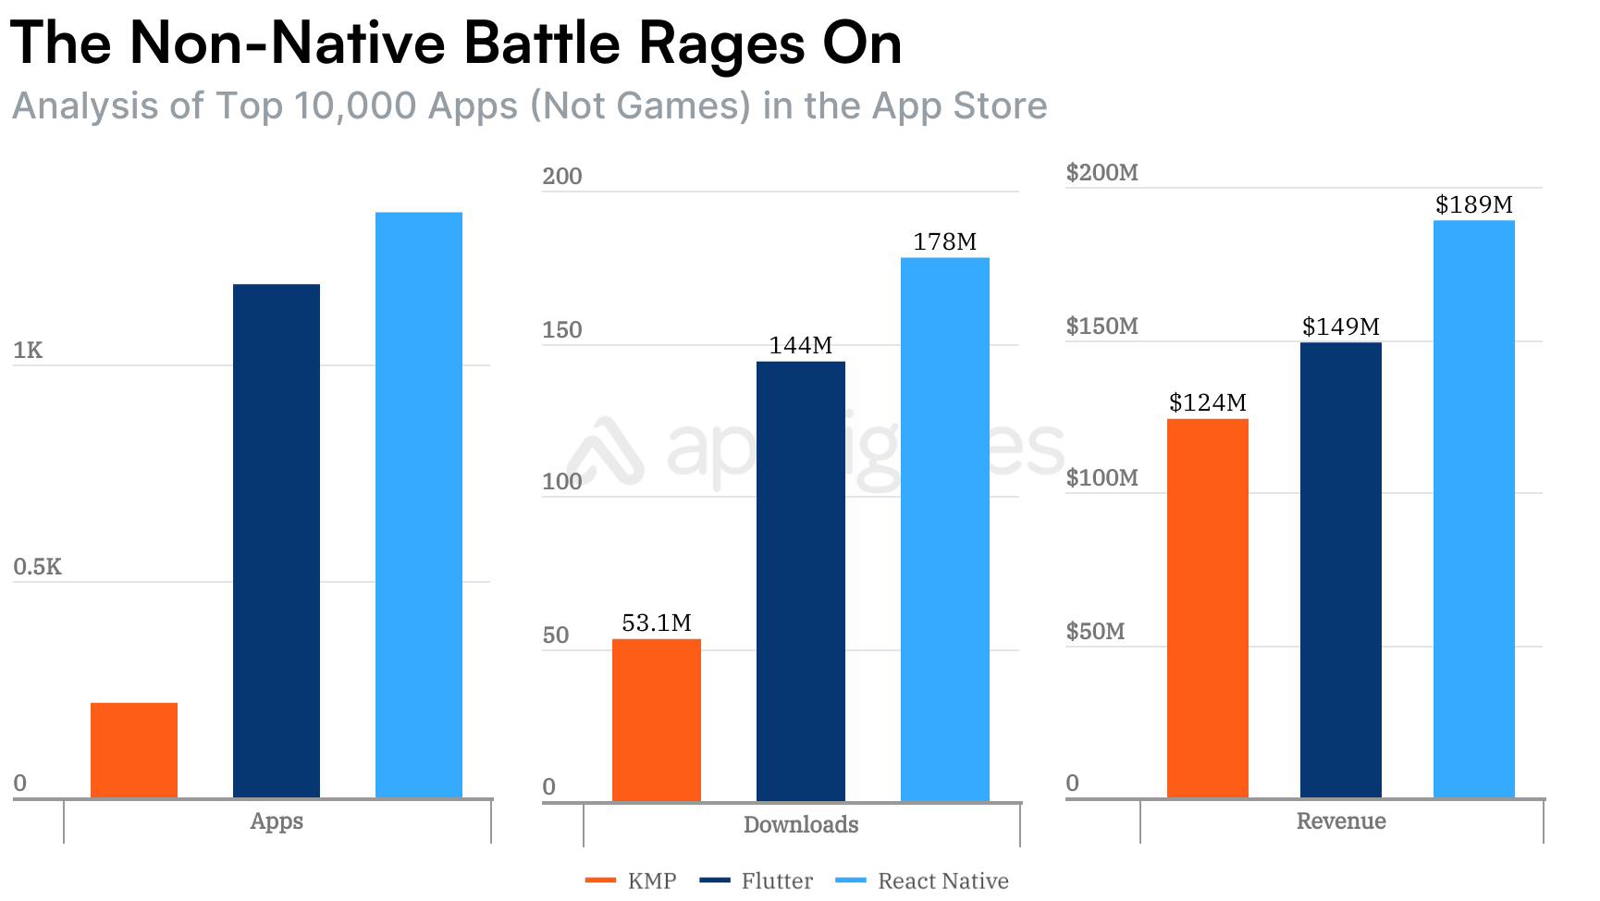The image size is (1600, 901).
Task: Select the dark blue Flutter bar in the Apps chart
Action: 277,540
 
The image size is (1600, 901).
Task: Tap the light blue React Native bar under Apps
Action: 419,504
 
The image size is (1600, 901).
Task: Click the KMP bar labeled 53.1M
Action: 657,720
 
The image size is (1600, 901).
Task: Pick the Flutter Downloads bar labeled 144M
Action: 801,581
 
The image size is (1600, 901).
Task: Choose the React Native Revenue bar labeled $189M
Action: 1474,509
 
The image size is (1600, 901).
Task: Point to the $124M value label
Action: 1207,402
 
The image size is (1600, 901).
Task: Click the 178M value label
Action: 944,241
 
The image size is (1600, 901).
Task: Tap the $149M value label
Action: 1340,327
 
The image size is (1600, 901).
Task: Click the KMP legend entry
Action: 633,881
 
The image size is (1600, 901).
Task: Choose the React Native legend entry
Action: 923,881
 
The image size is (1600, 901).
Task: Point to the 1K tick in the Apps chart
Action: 28,350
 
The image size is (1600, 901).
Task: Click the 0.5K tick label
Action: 37,566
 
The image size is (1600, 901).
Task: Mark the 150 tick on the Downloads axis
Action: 562,329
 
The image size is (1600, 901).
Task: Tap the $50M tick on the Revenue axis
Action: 1095,631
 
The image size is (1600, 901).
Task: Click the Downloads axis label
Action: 801,824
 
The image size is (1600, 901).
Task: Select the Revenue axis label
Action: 1341,821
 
